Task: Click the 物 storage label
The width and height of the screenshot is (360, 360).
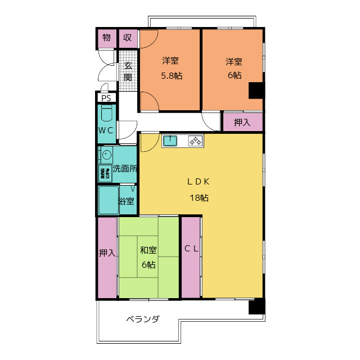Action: point(106,38)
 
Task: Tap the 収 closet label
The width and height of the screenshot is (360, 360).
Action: point(128,38)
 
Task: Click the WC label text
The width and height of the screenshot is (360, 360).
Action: point(106,130)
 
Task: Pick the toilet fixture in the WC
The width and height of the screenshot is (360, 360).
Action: point(107,115)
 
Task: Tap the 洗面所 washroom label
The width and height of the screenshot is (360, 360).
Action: point(124,168)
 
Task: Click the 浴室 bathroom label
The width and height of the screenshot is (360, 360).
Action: point(127,201)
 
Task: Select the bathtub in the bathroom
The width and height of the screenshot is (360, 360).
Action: point(108,200)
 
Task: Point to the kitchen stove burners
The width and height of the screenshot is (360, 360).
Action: point(195,141)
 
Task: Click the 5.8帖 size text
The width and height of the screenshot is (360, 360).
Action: point(172,75)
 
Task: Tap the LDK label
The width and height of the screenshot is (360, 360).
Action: point(199,181)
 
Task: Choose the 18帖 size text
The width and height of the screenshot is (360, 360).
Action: point(199,198)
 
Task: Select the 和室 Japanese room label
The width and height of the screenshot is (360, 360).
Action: point(148,250)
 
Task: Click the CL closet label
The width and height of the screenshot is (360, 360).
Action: point(191,249)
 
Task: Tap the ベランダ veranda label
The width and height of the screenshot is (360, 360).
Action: point(142,319)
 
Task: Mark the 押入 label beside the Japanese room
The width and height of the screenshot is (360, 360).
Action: point(107,253)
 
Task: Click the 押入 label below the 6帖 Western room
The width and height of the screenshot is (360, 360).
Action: point(242,122)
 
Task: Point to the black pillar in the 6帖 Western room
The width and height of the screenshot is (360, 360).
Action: point(256,91)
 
